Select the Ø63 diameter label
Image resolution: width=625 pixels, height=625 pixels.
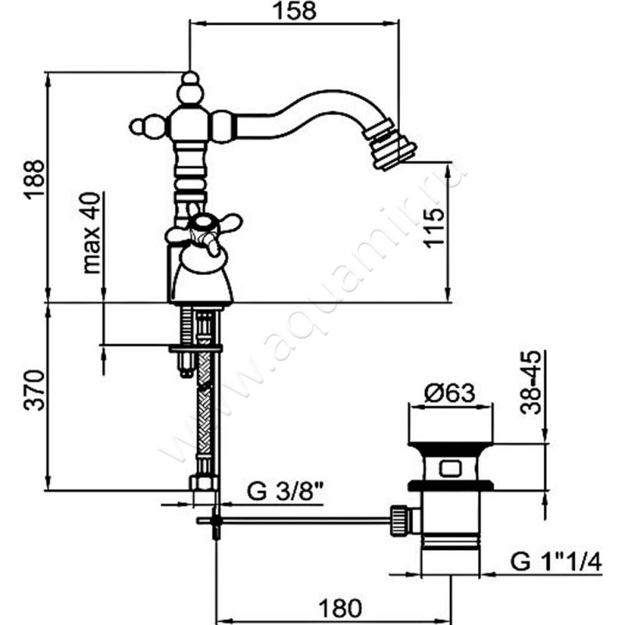(451, 394)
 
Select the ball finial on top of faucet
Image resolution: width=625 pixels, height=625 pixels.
(190, 80)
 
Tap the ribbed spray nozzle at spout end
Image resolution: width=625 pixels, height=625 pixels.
(391, 143)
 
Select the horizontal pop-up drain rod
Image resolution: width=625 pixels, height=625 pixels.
(305, 518)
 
